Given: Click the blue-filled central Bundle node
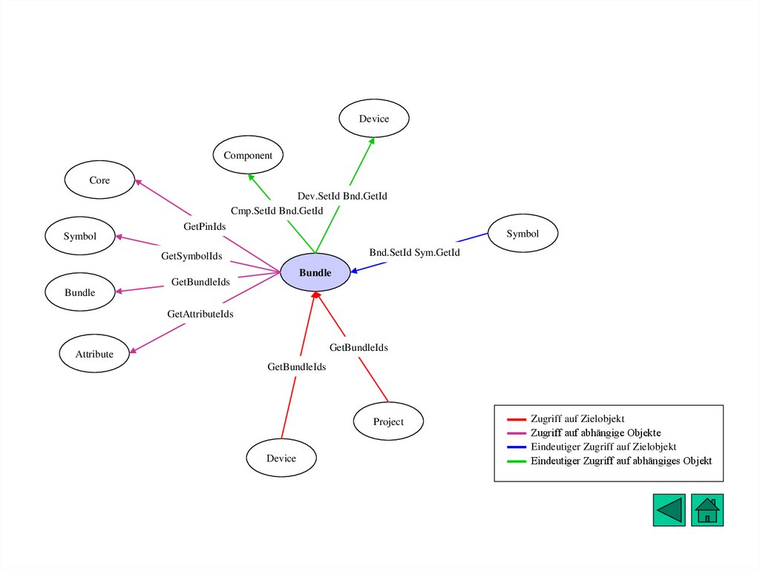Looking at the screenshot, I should [315, 272].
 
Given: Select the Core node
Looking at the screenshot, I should [99, 180].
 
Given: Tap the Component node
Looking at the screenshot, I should [248, 155].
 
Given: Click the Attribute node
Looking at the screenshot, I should [94, 354].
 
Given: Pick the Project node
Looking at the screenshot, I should [388, 421].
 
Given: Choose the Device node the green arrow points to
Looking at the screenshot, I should [374, 119].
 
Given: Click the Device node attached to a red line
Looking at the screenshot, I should [281, 458].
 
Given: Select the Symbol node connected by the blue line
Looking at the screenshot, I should [522, 234].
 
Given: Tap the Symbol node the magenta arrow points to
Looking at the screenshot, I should [79, 236].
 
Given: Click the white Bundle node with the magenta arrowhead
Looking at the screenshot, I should [80, 292].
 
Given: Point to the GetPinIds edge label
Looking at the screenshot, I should [205, 226].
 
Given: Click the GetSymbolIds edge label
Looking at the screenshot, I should [191, 256].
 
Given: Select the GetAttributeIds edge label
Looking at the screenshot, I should [200, 314].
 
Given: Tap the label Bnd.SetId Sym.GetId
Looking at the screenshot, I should [415, 252].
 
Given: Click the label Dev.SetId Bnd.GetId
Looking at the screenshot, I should [342, 196].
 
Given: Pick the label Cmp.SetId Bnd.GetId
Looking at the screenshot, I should [277, 211].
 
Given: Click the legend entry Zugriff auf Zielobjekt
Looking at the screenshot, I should [577, 419].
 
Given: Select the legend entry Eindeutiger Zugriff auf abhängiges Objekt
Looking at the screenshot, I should [620, 461].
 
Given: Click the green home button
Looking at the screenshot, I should [707, 510].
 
